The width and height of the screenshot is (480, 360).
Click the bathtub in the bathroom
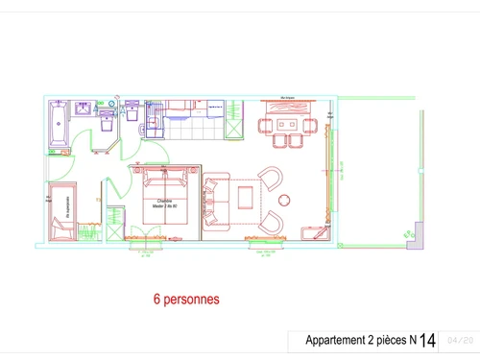coord(57,127)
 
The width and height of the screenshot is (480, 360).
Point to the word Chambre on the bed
coord(163,200)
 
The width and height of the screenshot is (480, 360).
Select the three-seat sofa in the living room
coord(213,203)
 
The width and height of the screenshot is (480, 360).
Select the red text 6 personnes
coord(186,300)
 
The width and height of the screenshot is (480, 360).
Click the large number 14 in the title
coord(427,340)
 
